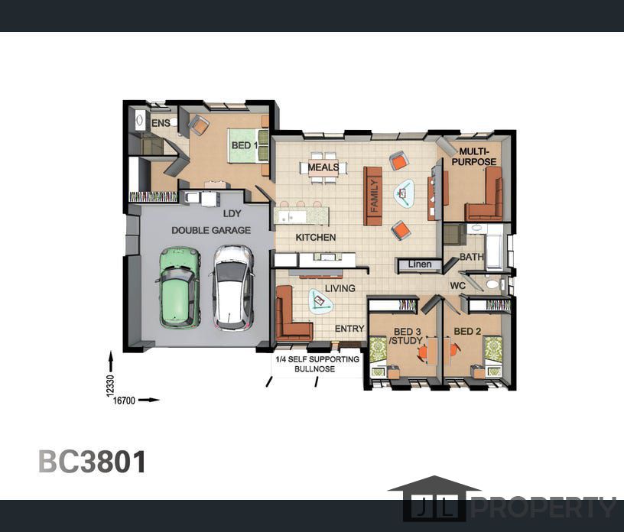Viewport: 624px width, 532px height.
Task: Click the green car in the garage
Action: point(179,287)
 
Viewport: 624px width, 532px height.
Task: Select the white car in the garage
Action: point(232,287)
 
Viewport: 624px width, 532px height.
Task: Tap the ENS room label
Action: point(161,123)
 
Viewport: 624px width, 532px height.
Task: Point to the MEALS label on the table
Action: point(323,167)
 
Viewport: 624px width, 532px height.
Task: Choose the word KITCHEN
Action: point(316,237)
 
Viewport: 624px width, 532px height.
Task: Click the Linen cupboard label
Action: point(420,264)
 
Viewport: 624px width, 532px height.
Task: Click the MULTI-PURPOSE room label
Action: point(474,157)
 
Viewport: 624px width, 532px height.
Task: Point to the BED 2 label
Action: point(467,331)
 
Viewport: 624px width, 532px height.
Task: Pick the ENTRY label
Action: point(349,328)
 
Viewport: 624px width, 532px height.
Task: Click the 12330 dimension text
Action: point(111,385)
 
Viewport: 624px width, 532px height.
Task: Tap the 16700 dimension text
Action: point(124,401)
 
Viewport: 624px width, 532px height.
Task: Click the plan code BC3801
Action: point(92,462)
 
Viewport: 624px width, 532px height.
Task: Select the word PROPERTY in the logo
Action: point(544,508)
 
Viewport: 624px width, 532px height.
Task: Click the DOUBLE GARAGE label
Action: point(211,230)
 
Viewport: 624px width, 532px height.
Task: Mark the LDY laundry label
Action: point(232,214)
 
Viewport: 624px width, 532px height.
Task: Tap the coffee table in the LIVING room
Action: point(320,301)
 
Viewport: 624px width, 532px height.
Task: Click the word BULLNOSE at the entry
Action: point(314,369)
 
